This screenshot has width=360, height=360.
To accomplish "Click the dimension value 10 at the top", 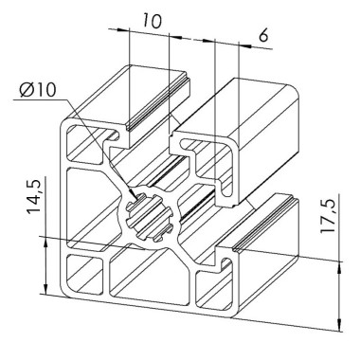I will (x=151, y=19).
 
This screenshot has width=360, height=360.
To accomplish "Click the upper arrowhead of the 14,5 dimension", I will (x=46, y=241).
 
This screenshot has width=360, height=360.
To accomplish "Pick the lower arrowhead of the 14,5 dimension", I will (x=46, y=294).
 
